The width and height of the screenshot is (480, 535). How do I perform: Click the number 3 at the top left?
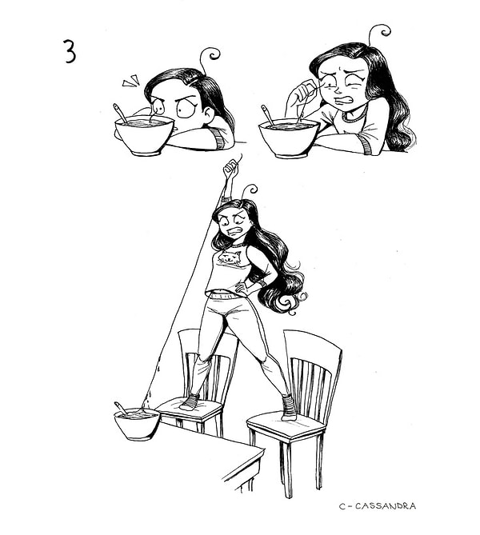(70, 51)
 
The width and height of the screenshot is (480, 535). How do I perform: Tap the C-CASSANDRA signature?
(378, 505)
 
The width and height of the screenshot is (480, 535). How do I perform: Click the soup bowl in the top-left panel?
(144, 135)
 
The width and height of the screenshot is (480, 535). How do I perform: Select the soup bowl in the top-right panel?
(289, 138)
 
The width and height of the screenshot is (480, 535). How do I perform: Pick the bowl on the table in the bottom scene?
(137, 424)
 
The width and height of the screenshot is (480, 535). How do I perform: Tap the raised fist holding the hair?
(230, 168)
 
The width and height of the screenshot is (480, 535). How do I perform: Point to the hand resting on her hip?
(243, 289)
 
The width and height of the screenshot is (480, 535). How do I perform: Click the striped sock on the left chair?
(190, 402)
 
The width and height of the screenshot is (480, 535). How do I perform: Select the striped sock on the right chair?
(289, 407)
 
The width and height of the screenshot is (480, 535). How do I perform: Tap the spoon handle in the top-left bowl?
(120, 113)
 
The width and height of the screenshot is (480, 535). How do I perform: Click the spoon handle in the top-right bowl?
(267, 115)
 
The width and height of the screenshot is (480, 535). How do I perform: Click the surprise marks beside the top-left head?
(130, 81)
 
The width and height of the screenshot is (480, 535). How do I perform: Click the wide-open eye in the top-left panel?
(186, 109)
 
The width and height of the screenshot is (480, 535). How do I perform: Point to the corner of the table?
(262, 449)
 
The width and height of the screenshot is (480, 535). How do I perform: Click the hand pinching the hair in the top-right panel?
(302, 92)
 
